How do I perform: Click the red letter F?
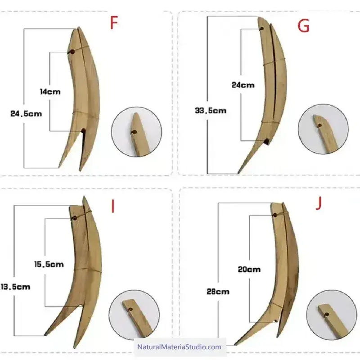[114, 23]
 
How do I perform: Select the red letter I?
[113, 206]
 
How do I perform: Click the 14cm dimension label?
[50, 92]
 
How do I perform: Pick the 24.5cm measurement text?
[26, 114]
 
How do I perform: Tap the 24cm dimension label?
[243, 85]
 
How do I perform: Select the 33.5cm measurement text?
[211, 111]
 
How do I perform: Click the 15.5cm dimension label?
[49, 264]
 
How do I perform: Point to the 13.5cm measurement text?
[15, 287]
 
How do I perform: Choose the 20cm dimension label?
[249, 269]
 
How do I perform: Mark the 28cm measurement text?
[218, 292]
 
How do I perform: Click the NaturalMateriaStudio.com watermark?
[179, 346]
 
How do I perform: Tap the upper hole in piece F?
[72, 52]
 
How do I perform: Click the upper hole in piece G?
[262, 29]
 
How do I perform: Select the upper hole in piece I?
[75, 218]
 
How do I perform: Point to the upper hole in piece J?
[275, 215]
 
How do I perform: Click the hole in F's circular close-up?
[135, 132]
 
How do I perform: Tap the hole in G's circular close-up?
[320, 126]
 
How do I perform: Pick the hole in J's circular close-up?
[327, 314]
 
